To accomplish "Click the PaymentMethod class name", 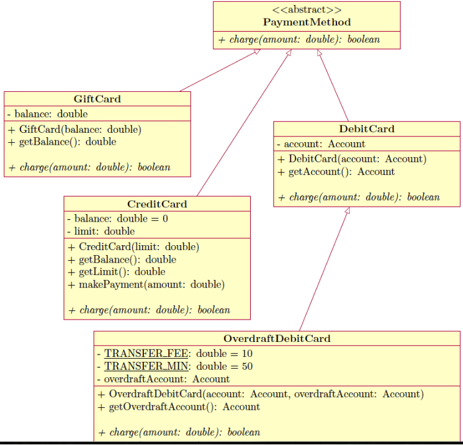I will [307, 22].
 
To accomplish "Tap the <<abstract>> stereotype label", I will [307, 10].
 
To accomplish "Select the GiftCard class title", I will [97, 99].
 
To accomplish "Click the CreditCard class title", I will [157, 204].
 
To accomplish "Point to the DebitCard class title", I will [367, 129].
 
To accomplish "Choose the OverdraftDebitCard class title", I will [277, 338].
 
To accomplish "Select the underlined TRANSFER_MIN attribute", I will [144, 366].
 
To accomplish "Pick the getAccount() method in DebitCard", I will [336, 172].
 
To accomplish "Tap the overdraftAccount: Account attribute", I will [163, 379].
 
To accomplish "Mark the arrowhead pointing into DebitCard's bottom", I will [347, 211].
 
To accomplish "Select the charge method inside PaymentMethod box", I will [299, 40].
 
